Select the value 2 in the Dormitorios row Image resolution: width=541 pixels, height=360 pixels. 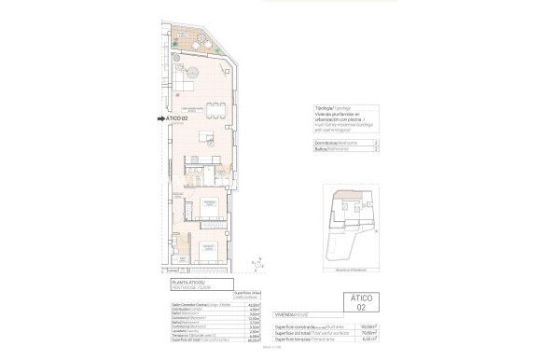point(375,141)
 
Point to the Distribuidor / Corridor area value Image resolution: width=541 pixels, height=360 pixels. point(254,309)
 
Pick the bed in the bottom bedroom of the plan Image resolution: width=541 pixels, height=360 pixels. point(206,251)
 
